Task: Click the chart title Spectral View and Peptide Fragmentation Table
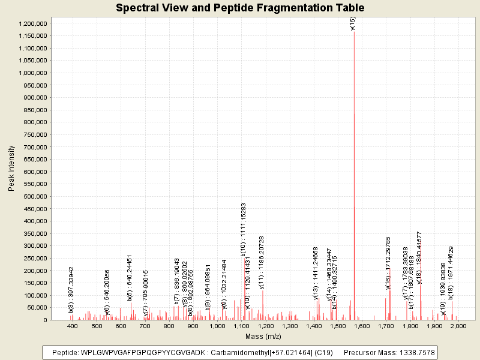(240, 8)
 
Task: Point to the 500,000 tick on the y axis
(34, 196)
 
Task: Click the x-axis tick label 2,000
(458, 326)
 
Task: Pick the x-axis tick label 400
(73, 326)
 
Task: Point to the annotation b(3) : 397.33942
(71, 290)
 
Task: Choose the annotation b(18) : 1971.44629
(451, 274)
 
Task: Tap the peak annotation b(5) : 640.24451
(130, 278)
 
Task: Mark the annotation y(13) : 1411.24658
(316, 273)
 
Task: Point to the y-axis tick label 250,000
(34, 258)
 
